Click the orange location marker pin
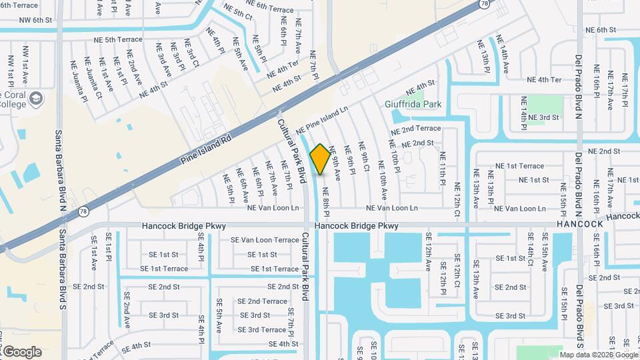[320, 159]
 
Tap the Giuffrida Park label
[413, 104]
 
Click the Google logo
[22, 351]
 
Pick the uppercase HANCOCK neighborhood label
[580, 224]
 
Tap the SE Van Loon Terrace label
[265, 240]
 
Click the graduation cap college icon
[36, 100]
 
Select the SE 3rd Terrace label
[262, 329]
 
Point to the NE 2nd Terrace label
[416, 128]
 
